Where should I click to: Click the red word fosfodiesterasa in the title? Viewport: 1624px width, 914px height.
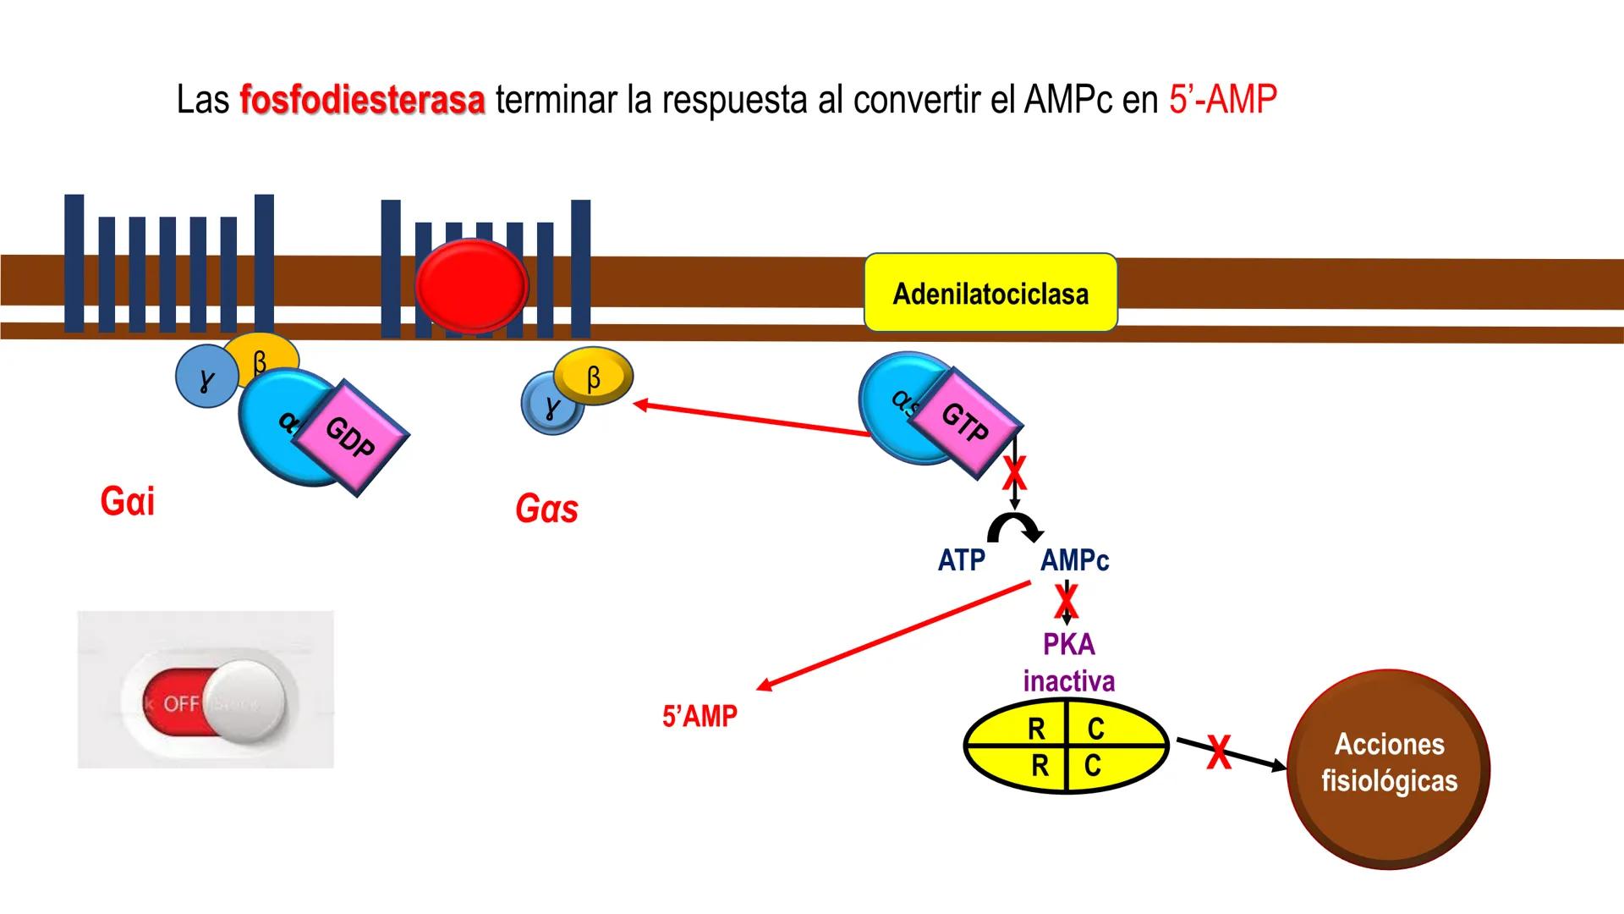pyautogui.click(x=362, y=100)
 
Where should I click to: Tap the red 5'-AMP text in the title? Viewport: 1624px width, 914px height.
pyautogui.click(x=1222, y=100)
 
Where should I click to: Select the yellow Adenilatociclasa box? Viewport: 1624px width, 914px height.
pyautogui.click(x=990, y=293)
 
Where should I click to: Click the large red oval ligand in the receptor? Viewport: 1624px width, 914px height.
pyautogui.click(x=471, y=286)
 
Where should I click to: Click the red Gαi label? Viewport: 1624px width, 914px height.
pyautogui.click(x=127, y=501)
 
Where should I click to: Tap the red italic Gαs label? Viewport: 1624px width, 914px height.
pyautogui.click(x=546, y=509)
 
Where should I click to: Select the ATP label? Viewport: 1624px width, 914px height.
pyautogui.click(x=961, y=560)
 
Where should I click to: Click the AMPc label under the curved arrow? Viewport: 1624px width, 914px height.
pyautogui.click(x=1074, y=560)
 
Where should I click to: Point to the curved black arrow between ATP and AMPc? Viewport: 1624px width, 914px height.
pyautogui.click(x=1015, y=528)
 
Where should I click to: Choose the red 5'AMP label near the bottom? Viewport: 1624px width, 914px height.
pyautogui.click(x=700, y=717)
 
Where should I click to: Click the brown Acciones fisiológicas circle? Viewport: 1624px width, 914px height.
pyautogui.click(x=1389, y=768)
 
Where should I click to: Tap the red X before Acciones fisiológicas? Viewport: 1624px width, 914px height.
pyautogui.click(x=1218, y=752)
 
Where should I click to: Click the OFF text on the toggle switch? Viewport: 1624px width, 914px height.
pyautogui.click(x=180, y=704)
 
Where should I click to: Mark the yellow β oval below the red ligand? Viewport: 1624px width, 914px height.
pyautogui.click(x=594, y=377)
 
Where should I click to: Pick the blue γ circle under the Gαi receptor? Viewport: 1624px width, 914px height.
pyautogui.click(x=206, y=378)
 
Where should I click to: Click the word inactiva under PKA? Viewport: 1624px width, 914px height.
pyautogui.click(x=1069, y=681)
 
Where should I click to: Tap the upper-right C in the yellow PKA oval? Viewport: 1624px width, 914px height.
pyautogui.click(x=1095, y=729)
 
